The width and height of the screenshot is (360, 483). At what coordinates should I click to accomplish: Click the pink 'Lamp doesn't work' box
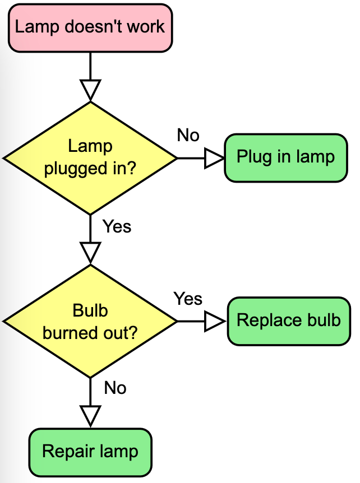click(90, 26)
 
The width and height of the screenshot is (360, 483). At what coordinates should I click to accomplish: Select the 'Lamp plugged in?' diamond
click(90, 158)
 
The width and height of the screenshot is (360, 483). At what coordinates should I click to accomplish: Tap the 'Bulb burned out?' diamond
click(90, 321)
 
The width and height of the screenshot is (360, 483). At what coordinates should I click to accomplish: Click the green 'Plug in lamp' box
click(285, 157)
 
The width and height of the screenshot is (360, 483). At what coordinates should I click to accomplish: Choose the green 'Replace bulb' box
click(288, 321)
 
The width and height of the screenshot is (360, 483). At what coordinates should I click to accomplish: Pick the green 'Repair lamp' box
click(90, 452)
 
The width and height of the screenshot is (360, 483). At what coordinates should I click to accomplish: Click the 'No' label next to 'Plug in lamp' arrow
click(188, 135)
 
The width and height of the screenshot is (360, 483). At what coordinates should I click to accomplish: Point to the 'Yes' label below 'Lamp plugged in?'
click(117, 226)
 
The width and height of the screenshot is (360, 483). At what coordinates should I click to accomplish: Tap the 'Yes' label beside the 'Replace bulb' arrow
click(188, 299)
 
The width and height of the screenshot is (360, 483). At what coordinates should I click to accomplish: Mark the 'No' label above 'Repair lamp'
click(115, 388)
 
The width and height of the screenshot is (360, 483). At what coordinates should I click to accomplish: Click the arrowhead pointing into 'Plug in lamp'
click(214, 158)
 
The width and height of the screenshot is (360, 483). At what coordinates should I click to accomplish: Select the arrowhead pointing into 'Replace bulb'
click(215, 321)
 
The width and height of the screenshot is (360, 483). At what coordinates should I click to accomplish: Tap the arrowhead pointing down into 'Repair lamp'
click(90, 416)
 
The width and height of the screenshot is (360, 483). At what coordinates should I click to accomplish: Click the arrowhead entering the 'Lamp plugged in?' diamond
click(90, 90)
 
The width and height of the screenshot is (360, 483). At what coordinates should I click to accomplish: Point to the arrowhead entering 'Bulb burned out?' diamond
click(90, 252)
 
